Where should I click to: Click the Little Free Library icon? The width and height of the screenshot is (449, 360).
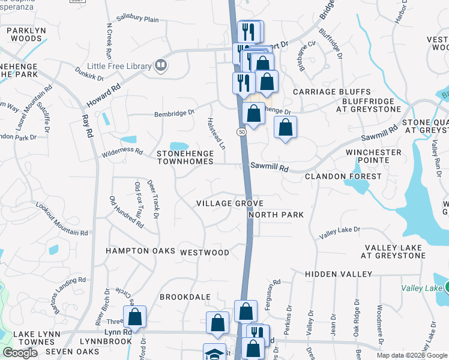160,65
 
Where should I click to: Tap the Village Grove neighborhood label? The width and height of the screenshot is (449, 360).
230,204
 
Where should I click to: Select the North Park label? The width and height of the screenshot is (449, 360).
276,215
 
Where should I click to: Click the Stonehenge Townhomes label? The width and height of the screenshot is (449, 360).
185,157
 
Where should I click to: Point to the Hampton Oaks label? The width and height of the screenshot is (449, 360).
140,251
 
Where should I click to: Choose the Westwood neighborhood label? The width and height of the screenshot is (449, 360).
205,253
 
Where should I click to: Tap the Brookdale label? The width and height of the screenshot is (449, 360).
185,297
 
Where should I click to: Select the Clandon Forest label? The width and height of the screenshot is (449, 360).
343,176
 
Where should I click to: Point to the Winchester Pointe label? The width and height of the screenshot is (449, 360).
373,157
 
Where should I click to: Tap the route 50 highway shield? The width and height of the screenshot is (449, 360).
241,131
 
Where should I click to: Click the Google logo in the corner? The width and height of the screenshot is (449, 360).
20,353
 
